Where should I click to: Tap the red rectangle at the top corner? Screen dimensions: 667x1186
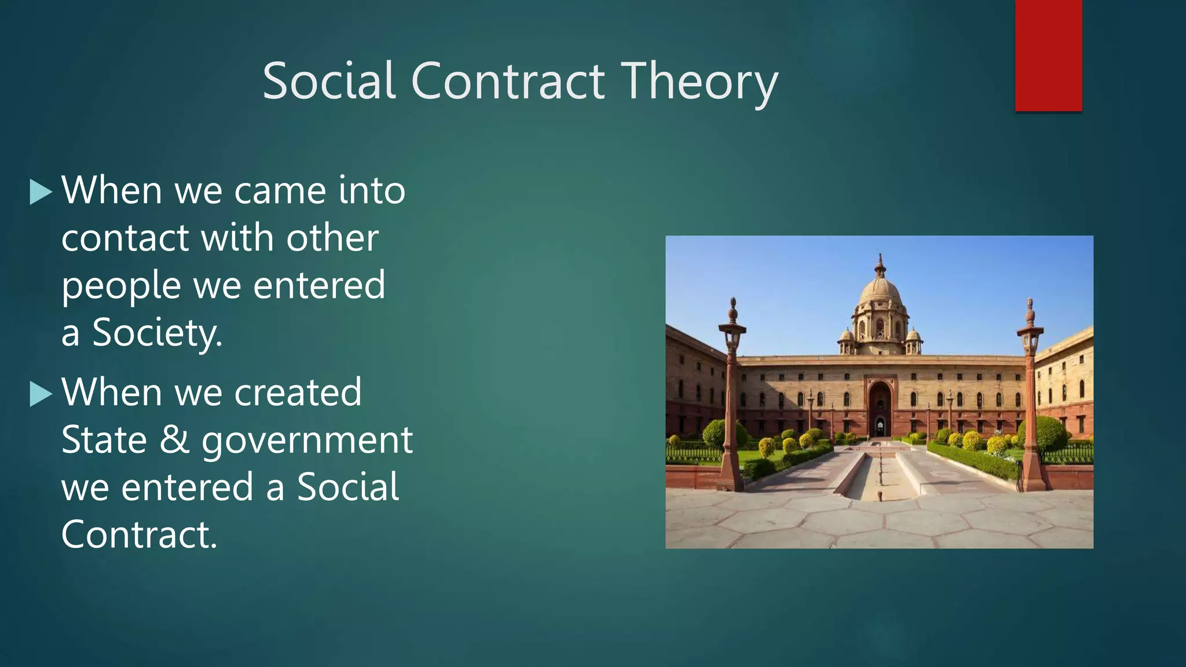click(x=1048, y=56)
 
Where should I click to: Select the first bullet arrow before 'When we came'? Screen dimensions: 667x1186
click(x=41, y=192)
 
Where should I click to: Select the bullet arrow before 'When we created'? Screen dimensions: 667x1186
click(x=41, y=394)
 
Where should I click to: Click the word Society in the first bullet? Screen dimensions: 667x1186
click(x=157, y=333)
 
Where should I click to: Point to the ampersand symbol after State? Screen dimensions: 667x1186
click(x=174, y=439)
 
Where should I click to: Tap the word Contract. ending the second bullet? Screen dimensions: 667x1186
click(x=139, y=534)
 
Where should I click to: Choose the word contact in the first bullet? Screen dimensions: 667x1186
click(x=125, y=238)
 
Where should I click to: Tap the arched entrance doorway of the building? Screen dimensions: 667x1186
click(x=880, y=408)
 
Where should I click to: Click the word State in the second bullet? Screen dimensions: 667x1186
click(x=104, y=440)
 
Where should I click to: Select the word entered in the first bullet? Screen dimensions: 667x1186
click(x=319, y=285)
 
